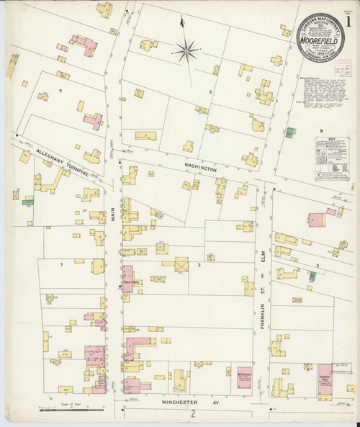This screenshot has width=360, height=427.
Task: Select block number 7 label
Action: [61, 91]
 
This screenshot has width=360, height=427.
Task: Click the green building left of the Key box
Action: [289, 132]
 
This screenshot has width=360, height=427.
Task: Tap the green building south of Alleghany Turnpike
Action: [27, 202]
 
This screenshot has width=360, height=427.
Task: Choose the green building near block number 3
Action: [312, 275]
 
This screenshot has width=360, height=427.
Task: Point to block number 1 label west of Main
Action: [62, 265]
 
